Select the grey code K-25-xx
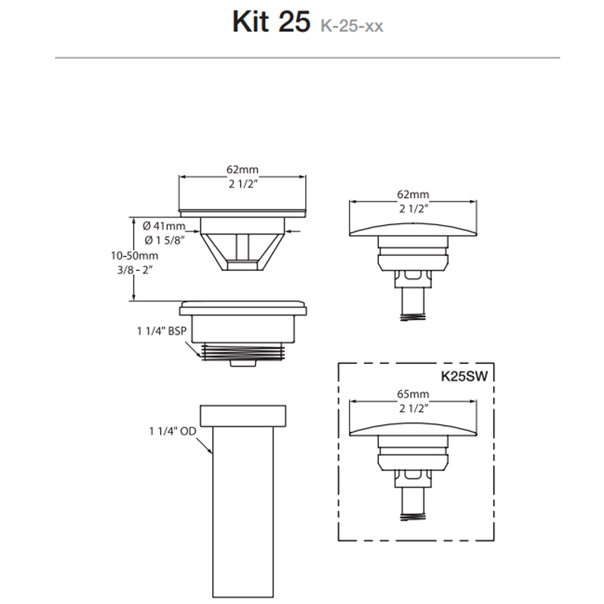pos(351,27)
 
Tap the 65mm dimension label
pos(412,395)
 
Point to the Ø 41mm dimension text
pos(164,226)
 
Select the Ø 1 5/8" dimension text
pos(164,240)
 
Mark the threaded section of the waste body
pos(244,350)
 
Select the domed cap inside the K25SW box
pos(412,427)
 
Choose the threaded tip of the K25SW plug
pos(411,510)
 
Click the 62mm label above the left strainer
pos(242,171)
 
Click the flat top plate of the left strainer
pos(243,211)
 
